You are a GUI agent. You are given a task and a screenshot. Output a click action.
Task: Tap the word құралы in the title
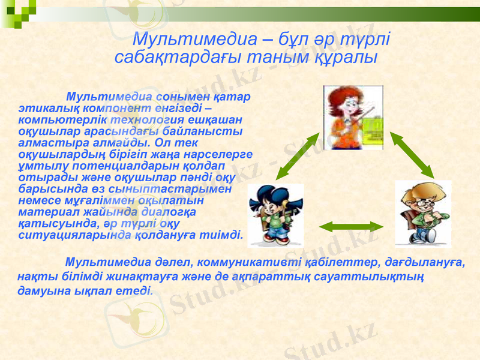point(348,58)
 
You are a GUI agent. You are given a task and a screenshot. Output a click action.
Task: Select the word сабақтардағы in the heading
point(170,58)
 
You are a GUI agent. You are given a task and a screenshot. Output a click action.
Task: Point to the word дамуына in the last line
point(43,292)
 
